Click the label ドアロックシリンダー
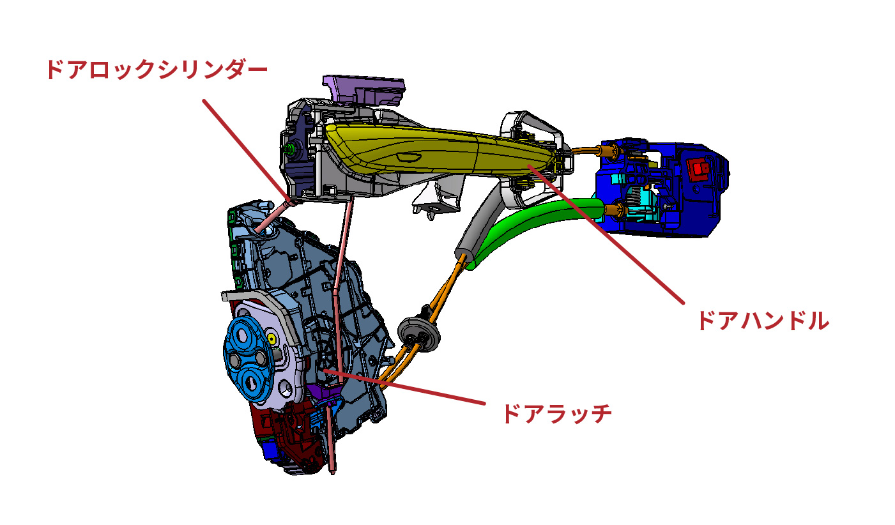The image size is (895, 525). coord(156,70)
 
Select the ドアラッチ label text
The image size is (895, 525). coord(556,414)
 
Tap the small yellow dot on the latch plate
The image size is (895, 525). coord(272,338)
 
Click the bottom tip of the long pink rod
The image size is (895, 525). coord(334,469)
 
